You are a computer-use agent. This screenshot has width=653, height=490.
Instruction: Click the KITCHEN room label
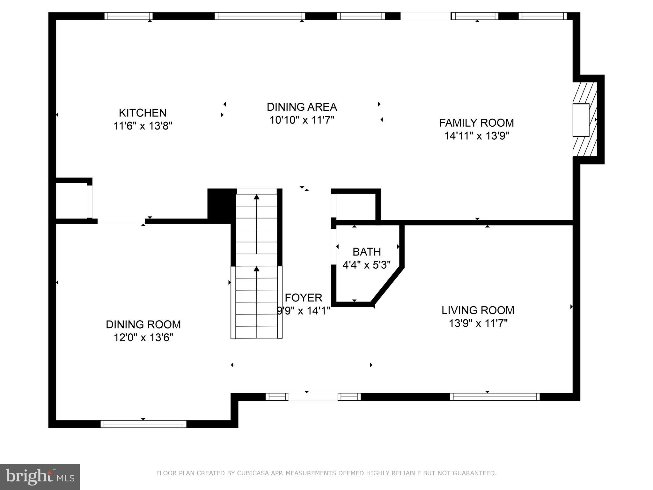[x=143, y=113]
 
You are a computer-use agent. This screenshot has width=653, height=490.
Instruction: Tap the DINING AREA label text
[x=302, y=107]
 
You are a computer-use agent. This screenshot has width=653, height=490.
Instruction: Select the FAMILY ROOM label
[x=476, y=123]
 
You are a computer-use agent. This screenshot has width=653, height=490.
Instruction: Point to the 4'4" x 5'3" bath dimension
[x=366, y=265]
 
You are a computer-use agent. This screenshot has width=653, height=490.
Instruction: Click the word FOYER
[x=303, y=298]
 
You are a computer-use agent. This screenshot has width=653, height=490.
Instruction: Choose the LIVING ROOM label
[x=478, y=310]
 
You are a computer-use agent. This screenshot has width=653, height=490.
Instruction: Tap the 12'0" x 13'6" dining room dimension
[x=143, y=338]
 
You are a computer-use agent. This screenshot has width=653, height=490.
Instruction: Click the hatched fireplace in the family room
[x=585, y=120]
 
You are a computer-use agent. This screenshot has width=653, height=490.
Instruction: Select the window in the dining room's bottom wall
[x=143, y=424]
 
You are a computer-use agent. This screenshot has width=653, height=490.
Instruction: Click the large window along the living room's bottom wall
[x=495, y=397]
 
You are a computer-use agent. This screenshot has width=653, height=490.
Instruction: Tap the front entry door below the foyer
[x=313, y=397]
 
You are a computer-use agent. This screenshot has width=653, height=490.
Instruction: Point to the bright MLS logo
[x=40, y=477]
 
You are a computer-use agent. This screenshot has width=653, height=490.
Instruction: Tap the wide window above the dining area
[x=260, y=16]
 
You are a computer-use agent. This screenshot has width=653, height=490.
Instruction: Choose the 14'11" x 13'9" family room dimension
[x=476, y=136]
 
